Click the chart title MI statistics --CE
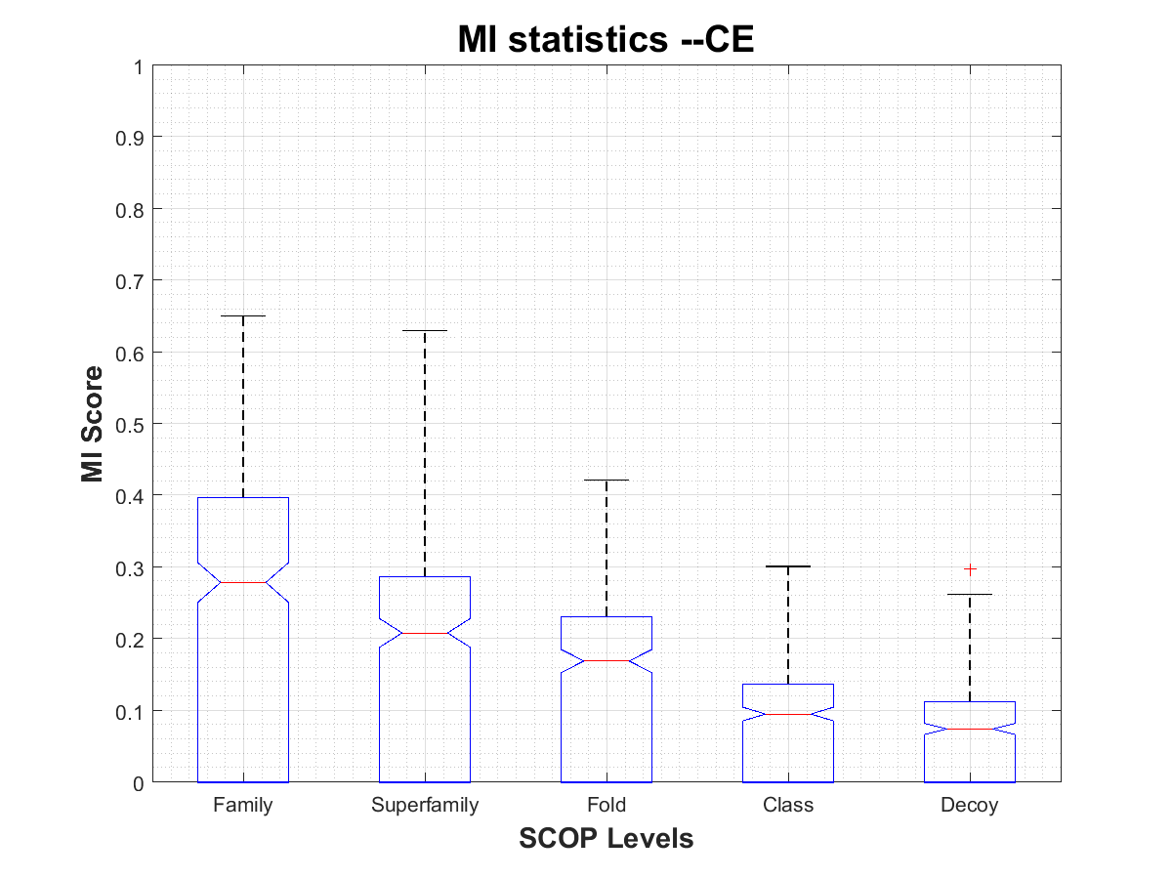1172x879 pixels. (606, 40)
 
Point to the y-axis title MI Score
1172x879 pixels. (93, 424)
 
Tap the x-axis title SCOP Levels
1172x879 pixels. (606, 838)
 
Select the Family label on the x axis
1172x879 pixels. (242, 806)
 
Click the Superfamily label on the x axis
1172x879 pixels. (425, 806)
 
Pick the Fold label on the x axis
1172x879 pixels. (607, 806)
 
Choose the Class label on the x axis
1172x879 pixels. (788, 806)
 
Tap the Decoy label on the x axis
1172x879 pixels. (970, 806)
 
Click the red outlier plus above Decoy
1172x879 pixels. (970, 568)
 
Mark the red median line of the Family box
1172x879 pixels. (242, 582)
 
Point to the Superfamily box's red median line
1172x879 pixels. (425, 633)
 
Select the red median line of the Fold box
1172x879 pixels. (607, 660)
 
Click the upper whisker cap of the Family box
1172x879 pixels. (242, 316)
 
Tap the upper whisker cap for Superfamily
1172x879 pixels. (425, 331)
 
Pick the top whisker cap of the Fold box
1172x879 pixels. (607, 481)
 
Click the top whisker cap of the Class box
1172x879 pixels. (788, 566)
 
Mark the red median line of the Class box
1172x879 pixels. (788, 714)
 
